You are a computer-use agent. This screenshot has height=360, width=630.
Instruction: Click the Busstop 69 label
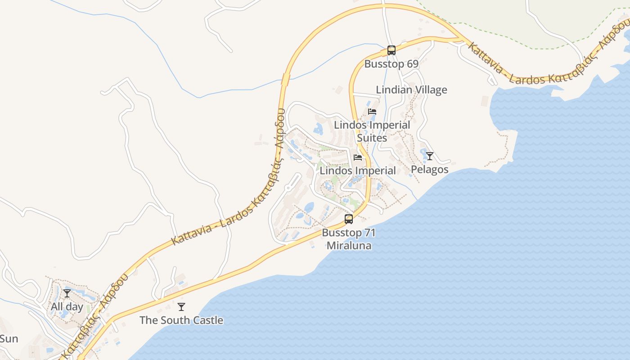pos(391,64)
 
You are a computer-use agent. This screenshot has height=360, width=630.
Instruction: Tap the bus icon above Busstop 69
pos(391,50)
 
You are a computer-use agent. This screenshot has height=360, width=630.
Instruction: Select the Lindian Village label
pos(411,90)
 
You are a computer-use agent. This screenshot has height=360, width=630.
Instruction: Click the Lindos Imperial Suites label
pos(372,131)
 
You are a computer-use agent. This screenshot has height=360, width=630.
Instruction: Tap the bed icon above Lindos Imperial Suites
pos(372,112)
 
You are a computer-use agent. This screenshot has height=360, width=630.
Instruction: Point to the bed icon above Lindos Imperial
pos(358,157)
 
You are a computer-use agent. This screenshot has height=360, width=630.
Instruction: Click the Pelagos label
pos(430,169)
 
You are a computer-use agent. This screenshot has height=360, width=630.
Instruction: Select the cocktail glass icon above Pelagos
pos(430,156)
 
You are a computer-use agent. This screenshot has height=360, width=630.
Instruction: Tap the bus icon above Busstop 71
pos(349,220)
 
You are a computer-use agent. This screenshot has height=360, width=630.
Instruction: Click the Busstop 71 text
pos(349,233)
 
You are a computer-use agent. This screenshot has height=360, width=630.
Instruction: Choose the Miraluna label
pos(349,246)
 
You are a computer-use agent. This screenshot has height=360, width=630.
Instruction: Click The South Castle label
pos(181,320)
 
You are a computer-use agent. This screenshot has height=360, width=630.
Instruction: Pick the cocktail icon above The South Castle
pos(181,307)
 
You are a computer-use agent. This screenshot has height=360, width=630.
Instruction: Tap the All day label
pos(67,307)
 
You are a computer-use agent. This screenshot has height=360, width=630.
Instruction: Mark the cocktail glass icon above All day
pos(67,293)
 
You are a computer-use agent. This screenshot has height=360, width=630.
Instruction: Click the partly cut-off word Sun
pos(9,339)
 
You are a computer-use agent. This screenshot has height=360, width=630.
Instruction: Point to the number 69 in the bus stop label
pos(413,64)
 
